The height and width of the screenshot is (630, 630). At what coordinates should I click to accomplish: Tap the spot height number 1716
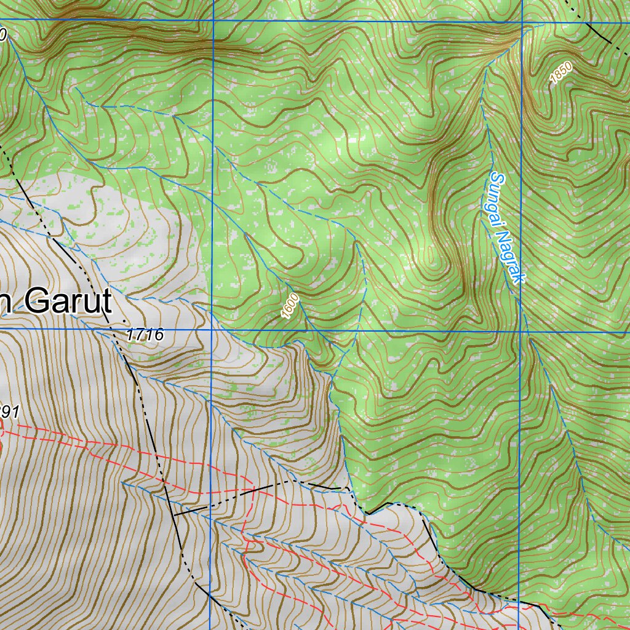(145, 335)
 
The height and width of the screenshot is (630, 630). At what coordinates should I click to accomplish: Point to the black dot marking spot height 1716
(124, 321)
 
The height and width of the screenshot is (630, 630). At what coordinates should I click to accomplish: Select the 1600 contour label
(290, 306)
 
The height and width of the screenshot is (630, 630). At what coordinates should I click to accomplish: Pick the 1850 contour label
(561, 74)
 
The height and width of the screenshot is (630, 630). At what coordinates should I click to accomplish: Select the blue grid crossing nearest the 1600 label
(212, 330)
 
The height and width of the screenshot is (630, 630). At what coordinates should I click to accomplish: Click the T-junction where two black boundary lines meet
(174, 514)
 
